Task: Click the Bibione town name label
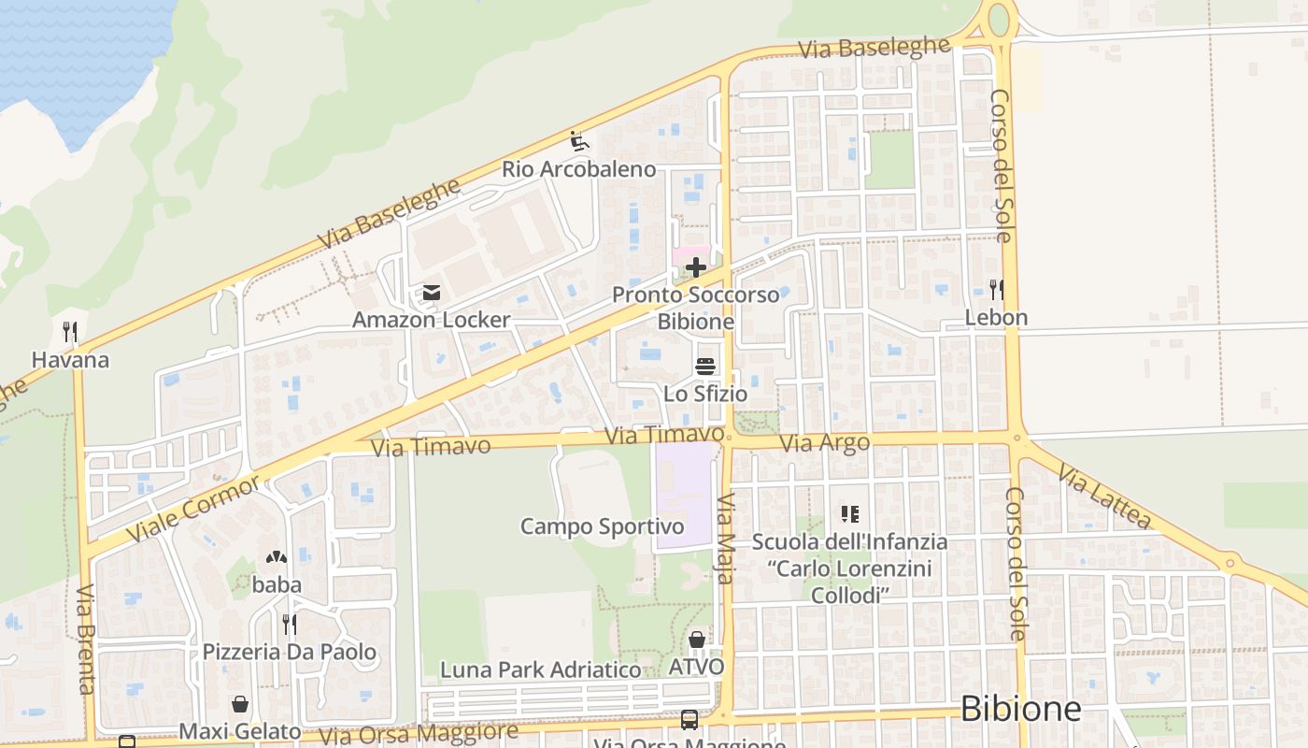tap(1020, 709)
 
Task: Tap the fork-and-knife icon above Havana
tap(69, 332)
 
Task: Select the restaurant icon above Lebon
tap(996, 290)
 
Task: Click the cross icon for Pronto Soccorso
tap(695, 268)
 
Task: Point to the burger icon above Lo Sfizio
tap(705, 366)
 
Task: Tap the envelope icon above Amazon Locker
tap(431, 294)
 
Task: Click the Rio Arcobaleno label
tap(578, 169)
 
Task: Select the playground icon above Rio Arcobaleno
tap(579, 142)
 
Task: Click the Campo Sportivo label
tap(602, 526)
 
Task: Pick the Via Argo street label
tap(824, 443)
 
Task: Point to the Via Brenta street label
tap(86, 640)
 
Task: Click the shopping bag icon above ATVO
tap(696, 640)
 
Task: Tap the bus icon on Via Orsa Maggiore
tap(689, 720)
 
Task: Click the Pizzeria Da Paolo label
tap(290, 652)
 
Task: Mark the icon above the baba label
tap(276, 558)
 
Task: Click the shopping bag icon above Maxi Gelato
tap(240, 704)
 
